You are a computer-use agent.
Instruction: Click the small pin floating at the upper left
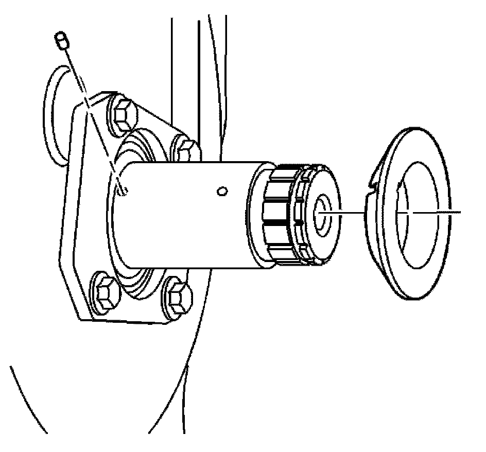point(61,41)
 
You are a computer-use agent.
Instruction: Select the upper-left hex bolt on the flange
point(123,114)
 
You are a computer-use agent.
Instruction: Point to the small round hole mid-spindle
point(222,192)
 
